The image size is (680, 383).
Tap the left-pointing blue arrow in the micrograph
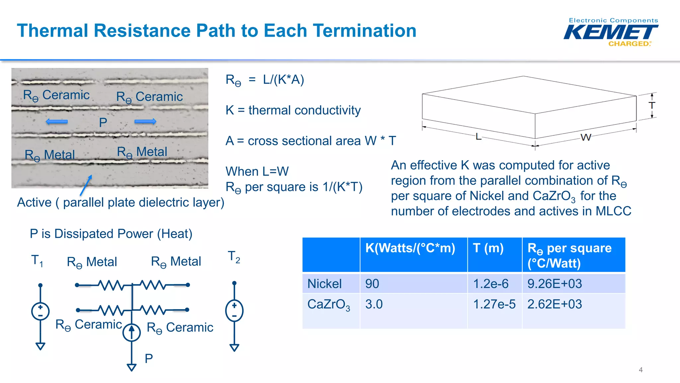[57, 122]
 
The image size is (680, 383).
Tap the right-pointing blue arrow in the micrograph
[145, 122]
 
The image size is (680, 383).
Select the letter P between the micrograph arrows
[103, 123]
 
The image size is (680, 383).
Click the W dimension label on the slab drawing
[586, 137]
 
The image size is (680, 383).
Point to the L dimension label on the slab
[478, 136]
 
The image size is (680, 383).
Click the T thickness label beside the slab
[652, 106]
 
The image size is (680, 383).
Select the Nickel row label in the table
[324, 284]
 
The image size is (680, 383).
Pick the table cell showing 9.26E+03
[554, 284]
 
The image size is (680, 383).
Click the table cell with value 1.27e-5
[494, 304]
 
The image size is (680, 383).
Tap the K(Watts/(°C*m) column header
[410, 248]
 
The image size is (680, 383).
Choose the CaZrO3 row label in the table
[328, 305]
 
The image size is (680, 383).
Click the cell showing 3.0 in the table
[374, 304]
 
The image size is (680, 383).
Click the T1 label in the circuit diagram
[37, 261]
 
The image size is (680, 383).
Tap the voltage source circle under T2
[234, 311]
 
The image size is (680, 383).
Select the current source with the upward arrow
[131, 332]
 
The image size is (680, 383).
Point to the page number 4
[640, 370]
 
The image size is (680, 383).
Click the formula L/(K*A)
[283, 80]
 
